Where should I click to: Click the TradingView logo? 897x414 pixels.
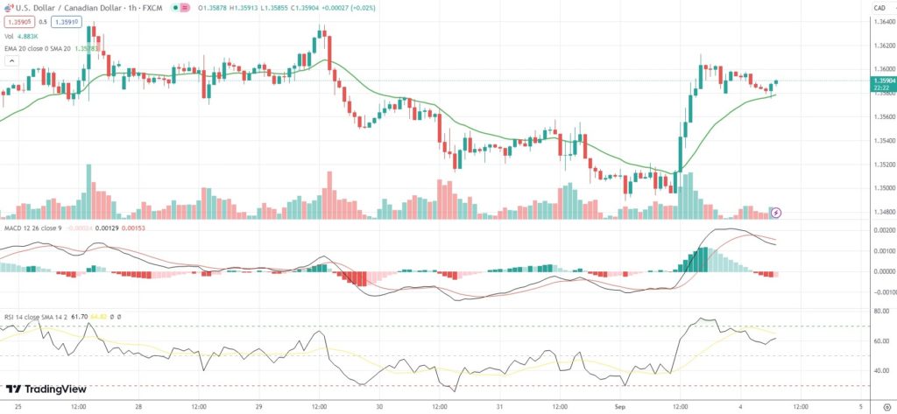[x=41, y=389]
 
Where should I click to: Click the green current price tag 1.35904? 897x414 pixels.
[x=879, y=81]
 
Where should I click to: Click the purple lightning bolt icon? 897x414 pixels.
[x=774, y=212]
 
